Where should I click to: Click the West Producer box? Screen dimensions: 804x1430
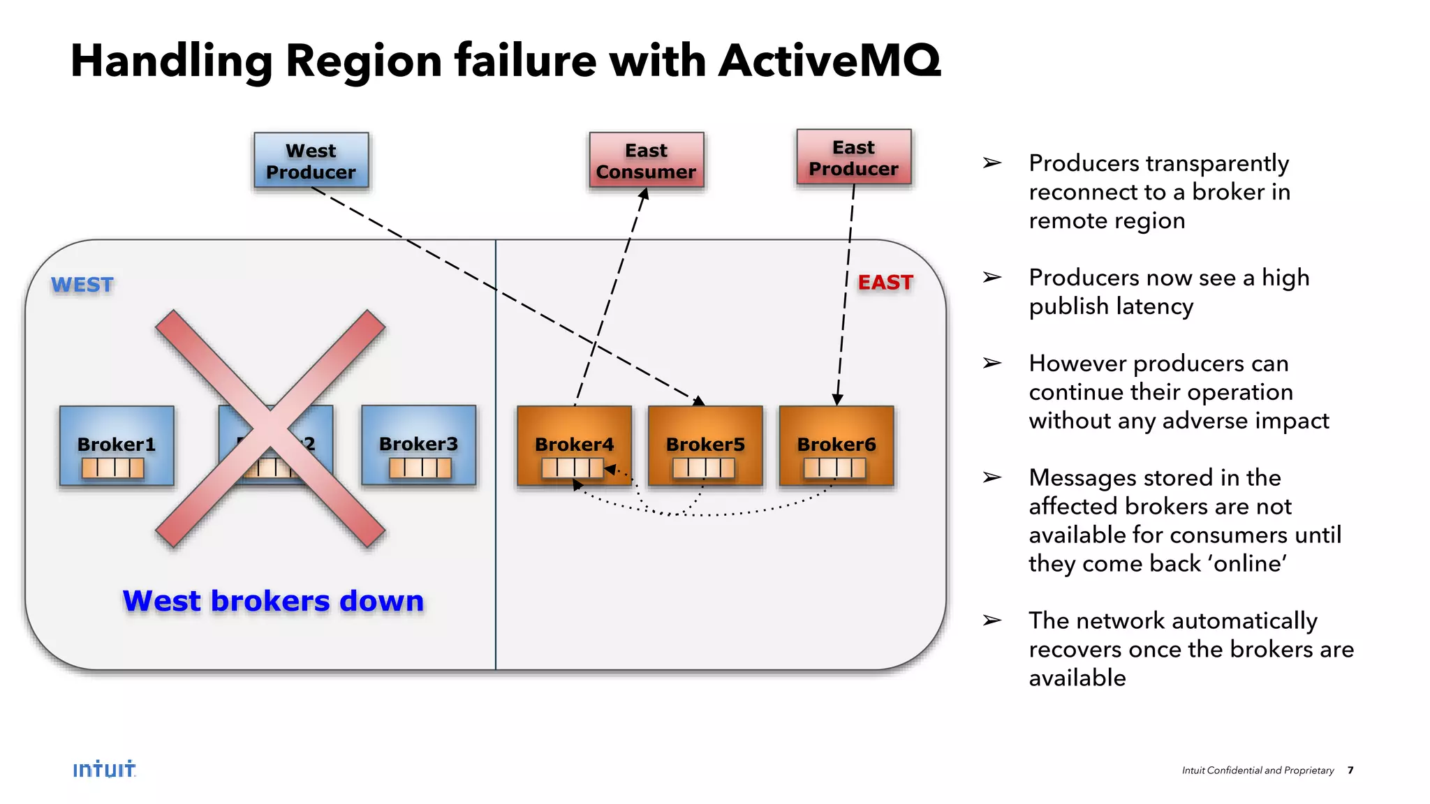(311, 161)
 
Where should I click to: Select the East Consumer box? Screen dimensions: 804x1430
(646, 161)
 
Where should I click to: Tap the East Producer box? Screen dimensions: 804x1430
(853, 158)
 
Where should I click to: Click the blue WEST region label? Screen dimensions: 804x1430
(82, 285)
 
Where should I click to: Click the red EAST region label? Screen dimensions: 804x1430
(885, 283)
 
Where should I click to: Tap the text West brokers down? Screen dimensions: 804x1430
(273, 601)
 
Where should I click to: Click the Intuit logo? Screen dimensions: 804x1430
(105, 769)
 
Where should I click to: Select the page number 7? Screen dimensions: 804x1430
(1350, 770)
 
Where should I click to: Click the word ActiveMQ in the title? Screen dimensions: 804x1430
(830, 61)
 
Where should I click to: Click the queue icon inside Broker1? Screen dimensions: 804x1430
(113, 468)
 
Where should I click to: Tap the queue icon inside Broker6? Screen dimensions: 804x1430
(834, 468)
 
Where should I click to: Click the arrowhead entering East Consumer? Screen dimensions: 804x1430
(644, 194)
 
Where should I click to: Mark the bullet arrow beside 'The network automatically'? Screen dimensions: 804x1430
(992, 620)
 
